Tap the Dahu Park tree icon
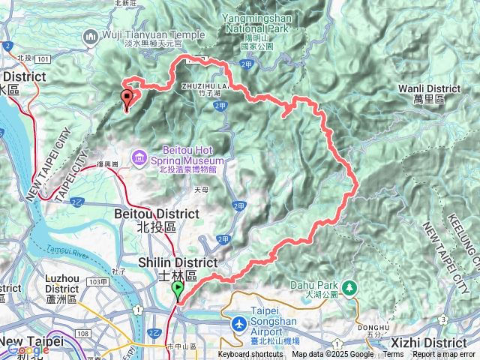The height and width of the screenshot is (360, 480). [349, 288]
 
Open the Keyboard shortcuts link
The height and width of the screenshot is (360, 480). [250, 355]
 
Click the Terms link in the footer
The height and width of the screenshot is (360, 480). [392, 355]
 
